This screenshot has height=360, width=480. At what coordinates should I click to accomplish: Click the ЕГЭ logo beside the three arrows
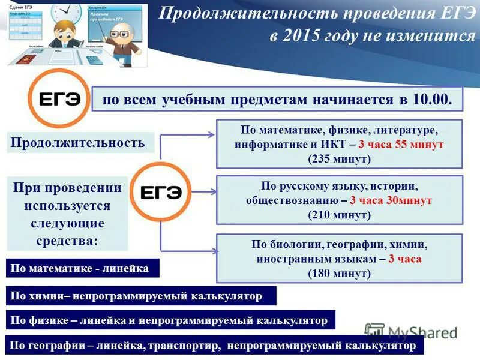point(160,191)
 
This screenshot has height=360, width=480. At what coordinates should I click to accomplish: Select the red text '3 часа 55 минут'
point(401,145)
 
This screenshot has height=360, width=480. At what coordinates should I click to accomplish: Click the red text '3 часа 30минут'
point(391,200)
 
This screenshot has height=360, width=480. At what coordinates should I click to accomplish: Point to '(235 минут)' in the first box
point(340,159)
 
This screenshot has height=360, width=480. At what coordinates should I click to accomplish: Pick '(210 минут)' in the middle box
point(340,214)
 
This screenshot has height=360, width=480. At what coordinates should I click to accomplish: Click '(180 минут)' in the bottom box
point(340,273)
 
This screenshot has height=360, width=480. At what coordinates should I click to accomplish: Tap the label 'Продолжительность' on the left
point(79,142)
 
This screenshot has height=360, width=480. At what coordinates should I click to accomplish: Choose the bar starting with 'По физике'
point(170,320)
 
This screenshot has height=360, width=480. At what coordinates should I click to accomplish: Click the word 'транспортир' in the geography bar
point(188,346)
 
